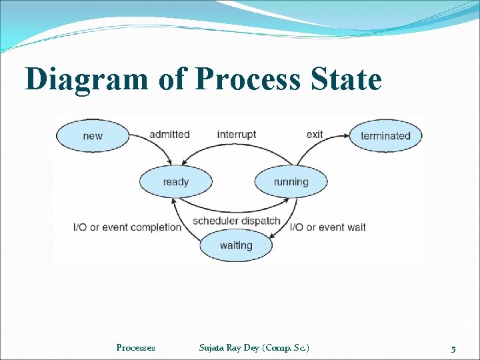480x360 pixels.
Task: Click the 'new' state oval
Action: (93, 136)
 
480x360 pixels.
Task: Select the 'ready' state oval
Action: (175, 182)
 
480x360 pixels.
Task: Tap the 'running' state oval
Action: (291, 182)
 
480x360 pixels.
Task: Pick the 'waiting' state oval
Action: (236, 245)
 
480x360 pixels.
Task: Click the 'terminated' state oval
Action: (385, 136)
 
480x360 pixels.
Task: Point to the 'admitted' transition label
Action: (169, 135)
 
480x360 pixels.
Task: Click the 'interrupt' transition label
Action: (236, 135)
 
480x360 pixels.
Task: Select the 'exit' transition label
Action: (315, 135)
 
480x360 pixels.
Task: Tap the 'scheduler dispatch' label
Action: (236, 221)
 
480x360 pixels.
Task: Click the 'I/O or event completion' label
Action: (127, 227)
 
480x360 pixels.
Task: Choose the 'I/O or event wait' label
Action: (328, 227)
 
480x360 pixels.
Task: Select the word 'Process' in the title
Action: (247, 80)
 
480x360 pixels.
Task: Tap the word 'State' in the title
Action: (345, 80)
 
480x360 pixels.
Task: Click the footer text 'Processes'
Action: (135, 347)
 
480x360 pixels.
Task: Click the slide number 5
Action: (453, 349)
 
